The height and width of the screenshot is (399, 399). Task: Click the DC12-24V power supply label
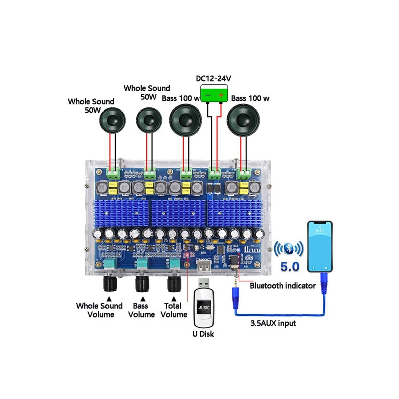point(216,79)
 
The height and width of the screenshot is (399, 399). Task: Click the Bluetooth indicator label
point(282,286)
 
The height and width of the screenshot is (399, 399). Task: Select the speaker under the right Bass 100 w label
point(244,121)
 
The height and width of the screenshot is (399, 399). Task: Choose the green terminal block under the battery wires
point(215,173)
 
